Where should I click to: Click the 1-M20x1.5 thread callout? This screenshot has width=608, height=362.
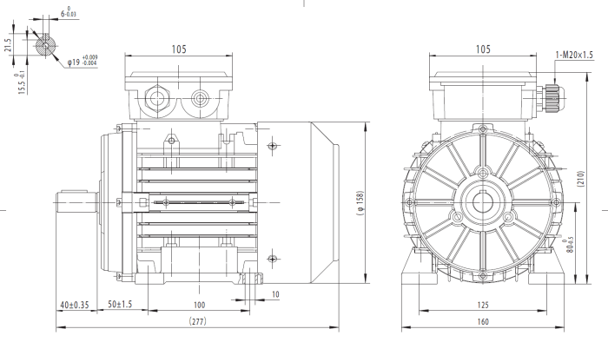coord(574,55)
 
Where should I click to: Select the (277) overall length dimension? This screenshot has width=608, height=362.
coord(198,321)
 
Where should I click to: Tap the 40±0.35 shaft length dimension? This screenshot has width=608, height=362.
coord(75,305)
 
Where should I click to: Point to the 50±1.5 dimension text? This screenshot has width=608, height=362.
coord(120,304)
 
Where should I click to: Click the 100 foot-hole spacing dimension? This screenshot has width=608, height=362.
coord(199,305)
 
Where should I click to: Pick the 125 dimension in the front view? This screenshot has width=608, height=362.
coord(483,305)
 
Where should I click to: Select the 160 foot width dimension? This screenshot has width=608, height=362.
coord(483,322)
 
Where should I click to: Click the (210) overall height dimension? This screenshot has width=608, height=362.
coord(580,179)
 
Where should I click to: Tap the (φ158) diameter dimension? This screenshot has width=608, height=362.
coord(360,203)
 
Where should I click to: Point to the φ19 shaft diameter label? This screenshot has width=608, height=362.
coord(83,61)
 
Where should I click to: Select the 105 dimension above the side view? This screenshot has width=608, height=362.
coord(179,49)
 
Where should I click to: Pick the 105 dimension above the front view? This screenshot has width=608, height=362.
coord(483,49)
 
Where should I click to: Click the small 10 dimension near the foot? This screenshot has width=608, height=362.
coord(275,294)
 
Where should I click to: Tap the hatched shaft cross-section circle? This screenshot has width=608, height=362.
coord(45,45)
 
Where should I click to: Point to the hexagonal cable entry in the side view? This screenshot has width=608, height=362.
coord(156,98)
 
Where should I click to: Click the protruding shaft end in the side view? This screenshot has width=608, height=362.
coord(76,202)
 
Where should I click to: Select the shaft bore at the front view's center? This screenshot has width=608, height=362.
coord(483,202)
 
